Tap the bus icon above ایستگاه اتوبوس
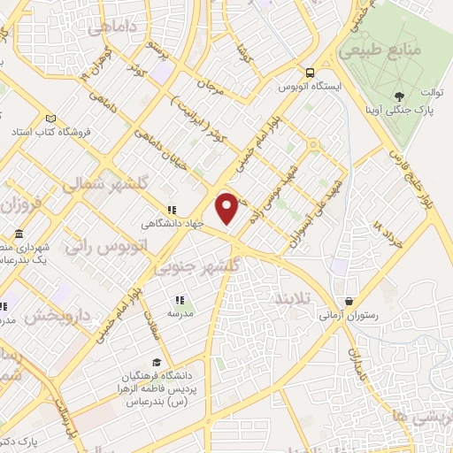click(309, 73)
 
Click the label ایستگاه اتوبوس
click(306, 88)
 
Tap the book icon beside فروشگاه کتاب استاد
click(51, 119)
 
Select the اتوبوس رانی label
click(96, 248)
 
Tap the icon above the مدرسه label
click(180, 300)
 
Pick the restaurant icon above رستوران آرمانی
click(350, 302)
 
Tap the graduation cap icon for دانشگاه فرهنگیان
click(157, 362)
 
